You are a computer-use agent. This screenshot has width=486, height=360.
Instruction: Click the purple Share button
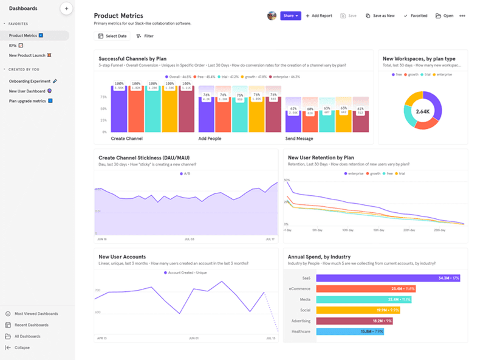pyautogui.click(x=290, y=16)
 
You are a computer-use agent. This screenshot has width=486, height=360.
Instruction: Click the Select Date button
pyautogui.click(x=112, y=36)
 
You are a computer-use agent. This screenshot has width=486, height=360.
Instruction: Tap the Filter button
pyautogui.click(x=145, y=36)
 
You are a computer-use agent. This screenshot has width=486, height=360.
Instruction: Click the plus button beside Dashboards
pyautogui.click(x=66, y=9)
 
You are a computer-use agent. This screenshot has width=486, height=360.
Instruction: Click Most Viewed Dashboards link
pyautogui.click(x=36, y=314)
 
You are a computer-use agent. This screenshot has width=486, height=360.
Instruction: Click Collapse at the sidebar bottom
pyautogui.click(x=21, y=348)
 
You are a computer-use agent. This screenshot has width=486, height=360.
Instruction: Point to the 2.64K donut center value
pyautogui.click(x=422, y=111)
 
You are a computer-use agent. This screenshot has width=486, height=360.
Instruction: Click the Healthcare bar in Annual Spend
pyautogui.click(x=351, y=331)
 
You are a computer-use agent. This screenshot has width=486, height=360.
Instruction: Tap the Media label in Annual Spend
pyautogui.click(x=305, y=299)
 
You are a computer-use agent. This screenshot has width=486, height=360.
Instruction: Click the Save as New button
pyautogui.click(x=380, y=16)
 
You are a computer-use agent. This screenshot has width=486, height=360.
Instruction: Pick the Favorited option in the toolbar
pyautogui.click(x=416, y=16)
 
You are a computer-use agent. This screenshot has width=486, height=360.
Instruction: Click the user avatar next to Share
pyautogui.click(x=272, y=16)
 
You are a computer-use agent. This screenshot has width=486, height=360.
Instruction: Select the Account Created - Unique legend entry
pyautogui.click(x=186, y=273)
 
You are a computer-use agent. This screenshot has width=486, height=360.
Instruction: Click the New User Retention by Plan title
pyautogui.click(x=321, y=157)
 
